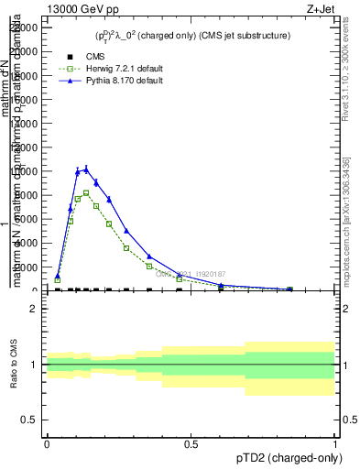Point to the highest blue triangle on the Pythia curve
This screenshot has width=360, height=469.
(x=86, y=169)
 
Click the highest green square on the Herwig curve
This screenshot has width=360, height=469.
(x=86, y=193)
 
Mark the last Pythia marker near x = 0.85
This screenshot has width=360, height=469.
(x=290, y=289)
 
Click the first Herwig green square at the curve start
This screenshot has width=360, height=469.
(x=57, y=280)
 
